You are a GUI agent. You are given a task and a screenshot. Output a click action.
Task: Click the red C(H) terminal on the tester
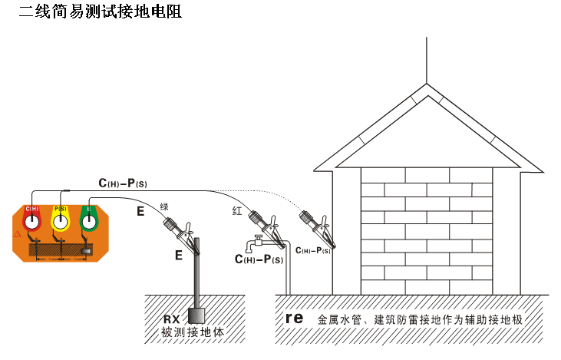click(x=32, y=221)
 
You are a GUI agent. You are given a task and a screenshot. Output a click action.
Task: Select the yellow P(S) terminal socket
click(x=61, y=221)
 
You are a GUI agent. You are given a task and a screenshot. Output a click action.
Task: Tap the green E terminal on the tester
click(x=90, y=221)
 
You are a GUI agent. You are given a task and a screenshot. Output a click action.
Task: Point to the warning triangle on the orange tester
click(x=18, y=233)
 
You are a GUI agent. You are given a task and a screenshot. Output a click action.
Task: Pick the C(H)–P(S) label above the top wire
click(x=122, y=183)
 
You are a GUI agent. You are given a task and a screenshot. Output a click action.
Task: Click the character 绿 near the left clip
click(x=164, y=206)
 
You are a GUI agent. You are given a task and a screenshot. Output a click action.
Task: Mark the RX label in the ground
click(x=171, y=319)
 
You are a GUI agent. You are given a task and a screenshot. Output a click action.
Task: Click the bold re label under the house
click(x=295, y=317)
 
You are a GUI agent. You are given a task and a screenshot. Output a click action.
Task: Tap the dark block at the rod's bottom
click(x=196, y=315)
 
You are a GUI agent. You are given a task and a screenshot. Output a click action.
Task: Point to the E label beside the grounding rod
click(x=178, y=255)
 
